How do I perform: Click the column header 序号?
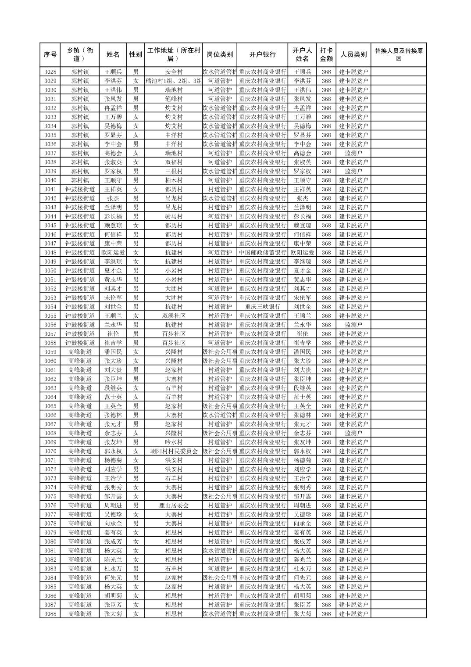(50, 54)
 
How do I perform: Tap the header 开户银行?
(262, 54)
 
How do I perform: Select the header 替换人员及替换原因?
(398, 54)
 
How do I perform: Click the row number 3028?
(50, 72)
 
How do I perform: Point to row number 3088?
(50, 614)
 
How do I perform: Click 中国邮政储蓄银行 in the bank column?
(262, 253)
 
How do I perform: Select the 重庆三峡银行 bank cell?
(262, 307)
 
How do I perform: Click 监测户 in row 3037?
(353, 153)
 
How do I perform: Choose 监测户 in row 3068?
(353, 433)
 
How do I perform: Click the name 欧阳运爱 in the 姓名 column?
(113, 253)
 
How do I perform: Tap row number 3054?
(50, 307)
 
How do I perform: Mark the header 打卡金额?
(326, 54)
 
